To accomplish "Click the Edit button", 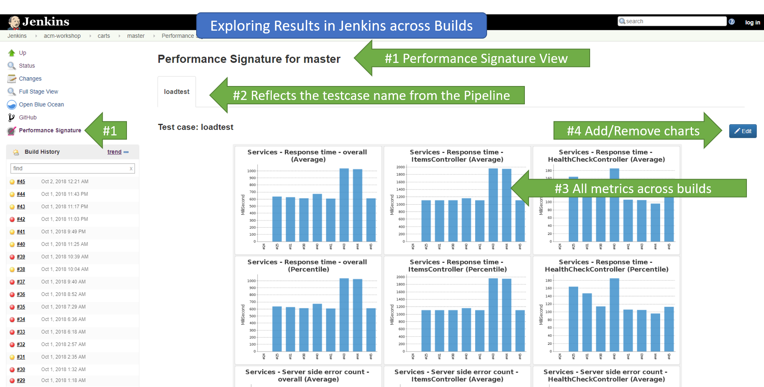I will [743, 131].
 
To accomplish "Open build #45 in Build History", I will [21, 182].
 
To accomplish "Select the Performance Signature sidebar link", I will [50, 130].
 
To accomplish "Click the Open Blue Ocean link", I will [41, 104].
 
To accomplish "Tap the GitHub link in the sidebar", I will [28, 117].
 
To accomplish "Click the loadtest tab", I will [177, 92].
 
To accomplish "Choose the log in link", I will [752, 22].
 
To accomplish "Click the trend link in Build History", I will [114, 152].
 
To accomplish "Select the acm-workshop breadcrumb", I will [62, 36].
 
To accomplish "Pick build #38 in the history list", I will [21, 269].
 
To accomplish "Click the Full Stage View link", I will [39, 92].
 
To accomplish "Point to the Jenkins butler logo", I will [14, 22].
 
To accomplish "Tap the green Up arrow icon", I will [12, 53].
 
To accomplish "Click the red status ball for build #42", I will [12, 219].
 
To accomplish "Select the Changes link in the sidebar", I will [30, 78].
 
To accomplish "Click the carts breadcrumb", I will [104, 36].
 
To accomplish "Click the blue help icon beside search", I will [731, 21].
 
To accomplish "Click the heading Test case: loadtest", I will [195, 127].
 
